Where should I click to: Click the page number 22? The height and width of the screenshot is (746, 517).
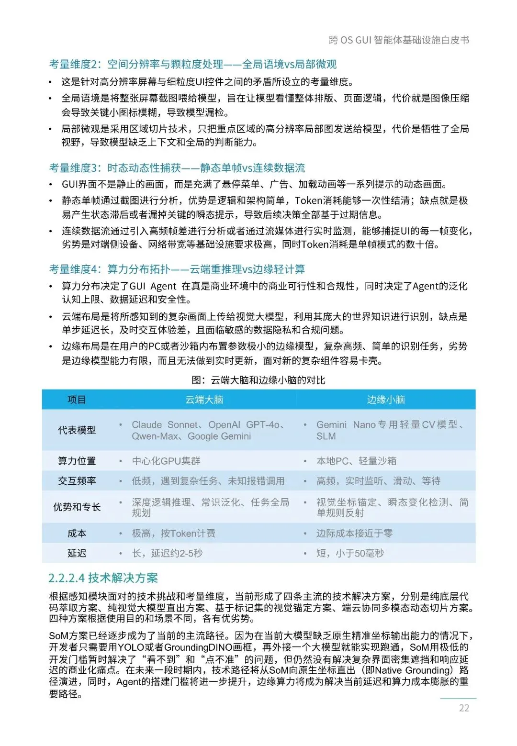pos(464,708)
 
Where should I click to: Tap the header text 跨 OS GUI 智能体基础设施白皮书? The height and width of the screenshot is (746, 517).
pos(399,40)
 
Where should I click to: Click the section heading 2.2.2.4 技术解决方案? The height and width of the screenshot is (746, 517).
pos(103,578)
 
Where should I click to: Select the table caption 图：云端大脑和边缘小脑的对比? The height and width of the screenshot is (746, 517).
pos(258,380)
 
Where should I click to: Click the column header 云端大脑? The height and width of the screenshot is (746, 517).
pos(204,400)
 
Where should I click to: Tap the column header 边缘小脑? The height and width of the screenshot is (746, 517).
pos(386,400)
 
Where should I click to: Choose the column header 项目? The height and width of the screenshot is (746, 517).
pos(77,400)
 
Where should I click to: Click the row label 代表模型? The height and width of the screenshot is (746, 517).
pos(77,430)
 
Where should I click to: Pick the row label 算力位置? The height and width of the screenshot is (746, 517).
pos(77,461)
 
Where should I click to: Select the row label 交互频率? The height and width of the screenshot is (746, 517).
pos(77,481)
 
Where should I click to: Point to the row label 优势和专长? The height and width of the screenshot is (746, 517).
pos(77,507)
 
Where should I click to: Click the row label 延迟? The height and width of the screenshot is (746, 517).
pos(77,553)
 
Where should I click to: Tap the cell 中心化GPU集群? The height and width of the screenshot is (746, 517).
pos(166,461)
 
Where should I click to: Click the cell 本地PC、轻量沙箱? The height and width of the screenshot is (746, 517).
pos(356,461)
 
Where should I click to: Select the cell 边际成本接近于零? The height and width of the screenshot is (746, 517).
pos(354,533)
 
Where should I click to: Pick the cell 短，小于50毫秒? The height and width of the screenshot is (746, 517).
pos(350,553)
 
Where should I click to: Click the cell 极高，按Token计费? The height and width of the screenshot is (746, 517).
pos(174,533)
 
